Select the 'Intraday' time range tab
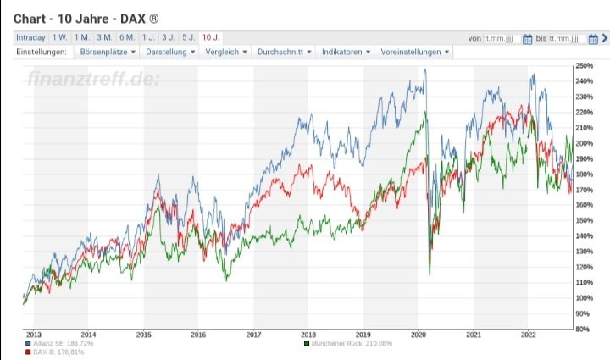pos(30,37)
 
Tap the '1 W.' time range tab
pos(59,37)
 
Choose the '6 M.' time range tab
pos(126,37)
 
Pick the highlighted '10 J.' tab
pos(212,37)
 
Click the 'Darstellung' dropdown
pos(170,52)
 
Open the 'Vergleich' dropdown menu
pos(228,52)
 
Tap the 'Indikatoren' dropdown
pos(347,52)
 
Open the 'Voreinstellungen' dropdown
pos(415,52)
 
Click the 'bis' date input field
pos(563,38)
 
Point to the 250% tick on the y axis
pos(583,65)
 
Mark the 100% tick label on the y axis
pos(583,297)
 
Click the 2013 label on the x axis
pos(34,335)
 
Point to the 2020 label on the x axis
pos(418,335)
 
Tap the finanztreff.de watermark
pos(93,79)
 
